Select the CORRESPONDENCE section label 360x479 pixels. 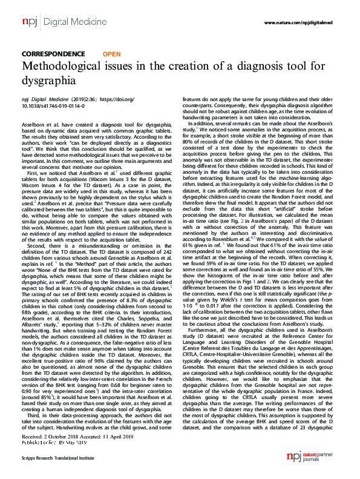click(53, 54)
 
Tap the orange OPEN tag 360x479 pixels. click(112, 54)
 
